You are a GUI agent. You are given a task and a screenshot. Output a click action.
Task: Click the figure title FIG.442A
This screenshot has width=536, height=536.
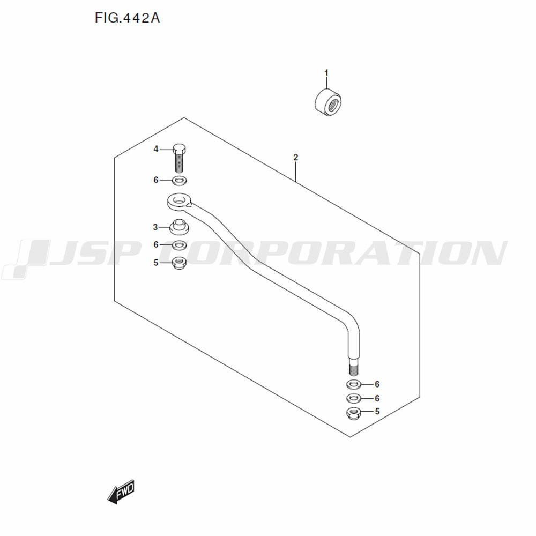tap(127, 18)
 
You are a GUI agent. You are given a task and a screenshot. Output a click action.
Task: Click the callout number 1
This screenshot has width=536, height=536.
tap(326, 73)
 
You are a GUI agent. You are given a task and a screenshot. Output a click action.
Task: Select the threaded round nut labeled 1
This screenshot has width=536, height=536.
tap(328, 103)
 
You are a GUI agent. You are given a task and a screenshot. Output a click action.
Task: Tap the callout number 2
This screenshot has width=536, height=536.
tap(296, 157)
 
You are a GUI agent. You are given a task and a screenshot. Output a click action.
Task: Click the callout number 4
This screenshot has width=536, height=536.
tap(156, 149)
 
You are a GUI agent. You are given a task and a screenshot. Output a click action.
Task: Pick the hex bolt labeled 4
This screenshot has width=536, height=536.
tap(179, 158)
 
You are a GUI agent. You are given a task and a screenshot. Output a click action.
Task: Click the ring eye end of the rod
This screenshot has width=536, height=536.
tap(179, 202)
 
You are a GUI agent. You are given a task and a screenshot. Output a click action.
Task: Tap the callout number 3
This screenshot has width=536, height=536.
tap(155, 227)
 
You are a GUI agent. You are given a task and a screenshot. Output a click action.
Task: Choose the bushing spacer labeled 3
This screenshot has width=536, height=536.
tap(180, 227)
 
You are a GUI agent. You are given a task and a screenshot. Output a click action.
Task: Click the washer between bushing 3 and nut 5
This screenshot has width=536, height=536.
tap(180, 245)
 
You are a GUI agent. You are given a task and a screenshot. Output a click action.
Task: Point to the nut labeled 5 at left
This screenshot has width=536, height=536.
tap(179, 263)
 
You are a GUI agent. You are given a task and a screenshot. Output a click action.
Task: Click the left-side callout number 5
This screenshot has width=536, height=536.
tap(156, 263)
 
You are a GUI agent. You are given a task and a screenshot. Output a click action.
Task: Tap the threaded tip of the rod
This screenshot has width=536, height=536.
tap(354, 369)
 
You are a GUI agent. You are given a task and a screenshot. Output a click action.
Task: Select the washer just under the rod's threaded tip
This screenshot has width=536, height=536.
tap(354, 384)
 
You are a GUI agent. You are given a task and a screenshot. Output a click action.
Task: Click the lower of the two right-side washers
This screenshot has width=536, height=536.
tap(354, 399)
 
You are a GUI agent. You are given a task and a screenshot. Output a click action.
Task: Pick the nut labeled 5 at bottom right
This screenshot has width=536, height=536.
tap(354, 414)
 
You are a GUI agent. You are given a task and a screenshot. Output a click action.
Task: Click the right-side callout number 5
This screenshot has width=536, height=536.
tap(377, 411)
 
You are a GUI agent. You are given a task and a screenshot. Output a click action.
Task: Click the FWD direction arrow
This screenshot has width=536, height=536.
tap(121, 492)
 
